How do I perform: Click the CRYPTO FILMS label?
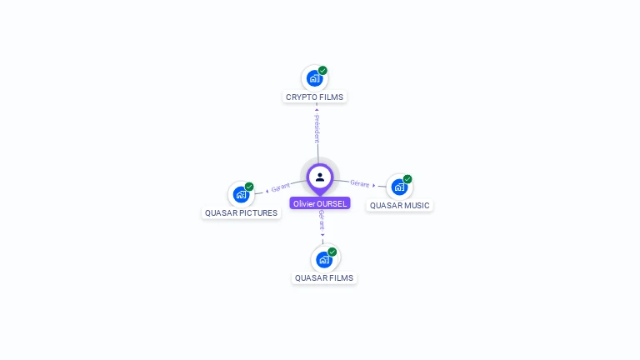pos(314,97)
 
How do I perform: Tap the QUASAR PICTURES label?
pos(241,212)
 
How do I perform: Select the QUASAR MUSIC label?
pos(400,205)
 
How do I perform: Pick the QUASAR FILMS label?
pos(324,277)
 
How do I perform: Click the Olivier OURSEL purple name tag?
pos(320,203)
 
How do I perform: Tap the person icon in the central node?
pos(320,177)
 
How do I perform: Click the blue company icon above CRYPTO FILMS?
pos(314,78)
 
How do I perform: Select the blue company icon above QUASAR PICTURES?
pos(241,194)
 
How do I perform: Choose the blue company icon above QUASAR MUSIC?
pos(399,187)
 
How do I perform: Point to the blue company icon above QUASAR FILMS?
pos(323,259)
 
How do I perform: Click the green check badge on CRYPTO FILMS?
pos(323,70)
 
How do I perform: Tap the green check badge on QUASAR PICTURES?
pos(249,187)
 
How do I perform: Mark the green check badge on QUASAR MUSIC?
pos(407,178)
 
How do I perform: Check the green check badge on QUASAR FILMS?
pos(332,252)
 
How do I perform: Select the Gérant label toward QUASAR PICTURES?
pos(281,187)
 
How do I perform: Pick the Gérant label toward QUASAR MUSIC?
pos(359,182)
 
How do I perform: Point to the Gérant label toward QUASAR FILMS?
pos(322,221)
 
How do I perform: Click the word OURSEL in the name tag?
pos(332,203)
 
